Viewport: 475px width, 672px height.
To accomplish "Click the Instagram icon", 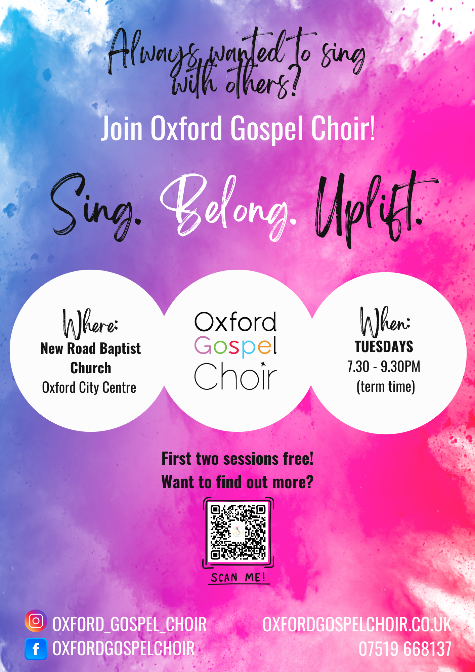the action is click(x=36, y=621).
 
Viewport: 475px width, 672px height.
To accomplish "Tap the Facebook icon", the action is click(x=36, y=649).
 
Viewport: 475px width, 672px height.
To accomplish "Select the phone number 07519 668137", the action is click(x=405, y=649).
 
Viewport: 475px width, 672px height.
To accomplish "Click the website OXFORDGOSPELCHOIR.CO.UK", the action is click(x=357, y=625).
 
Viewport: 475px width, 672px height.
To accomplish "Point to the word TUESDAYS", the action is click(x=384, y=347).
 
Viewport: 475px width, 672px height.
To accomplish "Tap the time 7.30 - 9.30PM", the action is click(x=384, y=367).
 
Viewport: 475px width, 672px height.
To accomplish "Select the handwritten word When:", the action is click(x=385, y=322).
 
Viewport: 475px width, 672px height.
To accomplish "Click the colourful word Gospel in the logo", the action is click(x=235, y=346).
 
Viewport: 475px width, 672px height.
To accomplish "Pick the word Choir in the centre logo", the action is click(x=235, y=376).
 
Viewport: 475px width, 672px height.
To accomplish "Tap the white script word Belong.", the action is click(x=228, y=207).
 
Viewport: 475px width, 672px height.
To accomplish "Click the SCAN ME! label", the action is click(x=238, y=578).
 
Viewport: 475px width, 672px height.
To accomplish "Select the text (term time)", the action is click(x=386, y=387).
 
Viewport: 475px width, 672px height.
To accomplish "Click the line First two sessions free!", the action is click(x=237, y=459).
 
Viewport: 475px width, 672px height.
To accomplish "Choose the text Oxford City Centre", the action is click(x=89, y=388).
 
